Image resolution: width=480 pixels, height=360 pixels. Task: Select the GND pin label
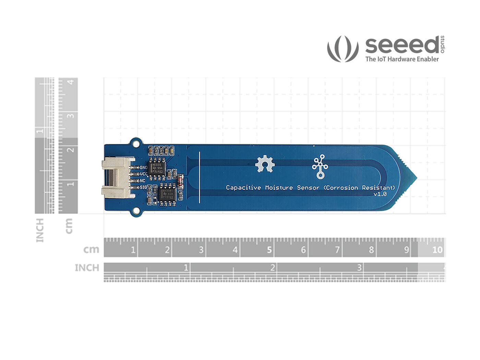[144, 168]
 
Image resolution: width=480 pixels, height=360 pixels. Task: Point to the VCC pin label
[144, 174]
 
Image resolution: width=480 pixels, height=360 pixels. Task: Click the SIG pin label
[143, 187]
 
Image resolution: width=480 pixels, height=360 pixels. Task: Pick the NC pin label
[143, 181]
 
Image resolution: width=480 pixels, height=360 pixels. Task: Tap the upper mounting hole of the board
[136, 142]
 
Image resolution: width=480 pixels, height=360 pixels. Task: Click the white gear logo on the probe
[265, 164]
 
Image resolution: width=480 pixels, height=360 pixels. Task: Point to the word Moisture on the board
[279, 188]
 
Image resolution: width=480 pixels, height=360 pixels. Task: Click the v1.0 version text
[380, 194]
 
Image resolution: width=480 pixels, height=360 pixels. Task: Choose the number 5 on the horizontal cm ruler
[269, 250]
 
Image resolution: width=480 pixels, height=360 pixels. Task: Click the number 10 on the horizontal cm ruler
[437, 250]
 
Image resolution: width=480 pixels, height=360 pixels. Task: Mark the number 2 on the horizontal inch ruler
[273, 267]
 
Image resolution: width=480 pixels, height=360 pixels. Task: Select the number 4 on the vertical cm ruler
[71, 82]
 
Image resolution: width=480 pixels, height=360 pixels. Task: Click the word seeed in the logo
[402, 45]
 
